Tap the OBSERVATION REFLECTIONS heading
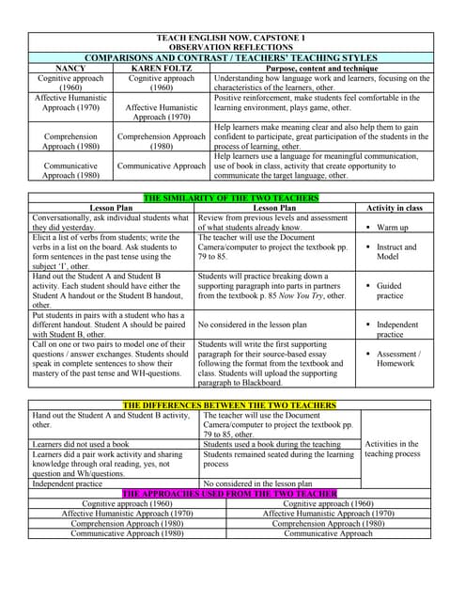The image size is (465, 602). [x=231, y=47]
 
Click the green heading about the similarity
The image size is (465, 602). [x=231, y=198]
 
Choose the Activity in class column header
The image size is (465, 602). [x=395, y=208]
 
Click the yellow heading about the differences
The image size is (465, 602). [x=230, y=405]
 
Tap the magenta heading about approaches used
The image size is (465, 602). [x=230, y=493]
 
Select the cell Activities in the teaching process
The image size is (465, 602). [x=395, y=448]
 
